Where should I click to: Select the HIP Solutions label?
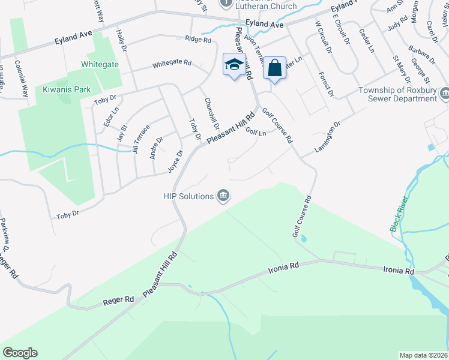point(188,196)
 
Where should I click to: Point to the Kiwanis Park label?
point(67,89)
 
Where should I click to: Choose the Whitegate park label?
point(100,64)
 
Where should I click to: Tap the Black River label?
point(400,213)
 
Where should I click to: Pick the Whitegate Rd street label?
point(172,63)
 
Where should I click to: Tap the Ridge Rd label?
point(199,40)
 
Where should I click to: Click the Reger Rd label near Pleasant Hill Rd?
point(118,298)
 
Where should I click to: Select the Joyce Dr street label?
point(174,161)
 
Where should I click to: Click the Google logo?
point(20,352)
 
